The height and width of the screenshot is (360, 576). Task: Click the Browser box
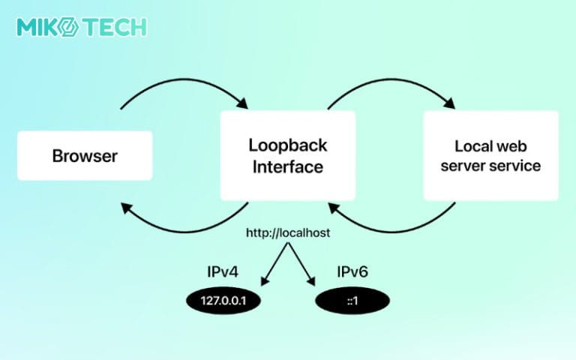(x=85, y=156)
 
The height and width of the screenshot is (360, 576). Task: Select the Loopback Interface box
(x=287, y=155)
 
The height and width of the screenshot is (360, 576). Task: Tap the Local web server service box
(x=490, y=155)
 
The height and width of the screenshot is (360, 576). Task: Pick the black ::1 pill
(x=352, y=301)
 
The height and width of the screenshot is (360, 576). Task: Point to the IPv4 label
(x=224, y=273)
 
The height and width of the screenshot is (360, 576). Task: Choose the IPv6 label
(x=352, y=273)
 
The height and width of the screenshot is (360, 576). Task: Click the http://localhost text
(x=288, y=234)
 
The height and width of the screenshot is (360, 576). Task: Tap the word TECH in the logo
(x=115, y=28)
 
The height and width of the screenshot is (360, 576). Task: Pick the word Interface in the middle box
(x=287, y=166)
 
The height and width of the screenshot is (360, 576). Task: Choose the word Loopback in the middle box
(x=287, y=145)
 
